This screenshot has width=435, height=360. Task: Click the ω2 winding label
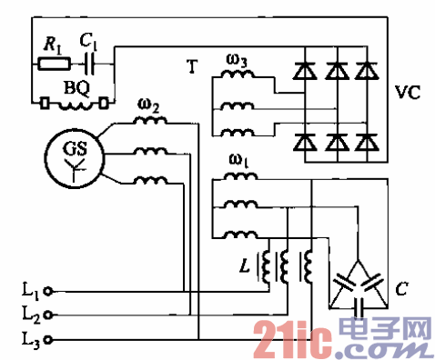(149, 108)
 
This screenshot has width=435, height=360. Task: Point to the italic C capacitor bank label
(400, 292)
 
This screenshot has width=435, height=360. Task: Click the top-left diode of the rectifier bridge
(305, 67)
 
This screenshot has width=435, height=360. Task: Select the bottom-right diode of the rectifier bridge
(366, 142)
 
